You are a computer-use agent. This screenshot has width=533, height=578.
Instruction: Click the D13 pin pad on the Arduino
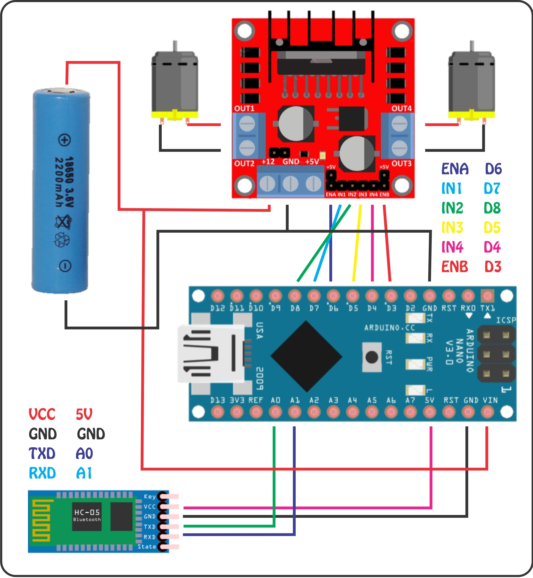(217, 412)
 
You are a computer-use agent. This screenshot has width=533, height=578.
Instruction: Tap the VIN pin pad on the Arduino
(487, 412)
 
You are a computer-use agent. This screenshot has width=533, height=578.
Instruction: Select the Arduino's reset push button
(372, 357)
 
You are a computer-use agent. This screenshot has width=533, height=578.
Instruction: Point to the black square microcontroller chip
(306, 357)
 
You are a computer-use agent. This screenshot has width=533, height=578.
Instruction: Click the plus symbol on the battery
(64, 140)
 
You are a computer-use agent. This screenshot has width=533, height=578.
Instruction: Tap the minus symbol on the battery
(65, 266)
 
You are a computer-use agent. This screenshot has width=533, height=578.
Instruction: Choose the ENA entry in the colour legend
(455, 169)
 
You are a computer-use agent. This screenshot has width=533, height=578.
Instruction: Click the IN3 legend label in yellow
(452, 228)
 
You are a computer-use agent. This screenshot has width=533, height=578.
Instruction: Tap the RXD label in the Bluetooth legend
(42, 473)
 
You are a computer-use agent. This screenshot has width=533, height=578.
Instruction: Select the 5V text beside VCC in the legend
(84, 414)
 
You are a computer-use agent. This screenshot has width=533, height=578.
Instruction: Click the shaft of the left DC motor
(175, 46)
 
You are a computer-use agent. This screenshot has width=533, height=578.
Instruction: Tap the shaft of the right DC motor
(472, 46)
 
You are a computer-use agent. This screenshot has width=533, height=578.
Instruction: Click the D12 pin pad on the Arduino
(217, 296)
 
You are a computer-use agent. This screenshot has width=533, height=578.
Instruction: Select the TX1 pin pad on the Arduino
(487, 296)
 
